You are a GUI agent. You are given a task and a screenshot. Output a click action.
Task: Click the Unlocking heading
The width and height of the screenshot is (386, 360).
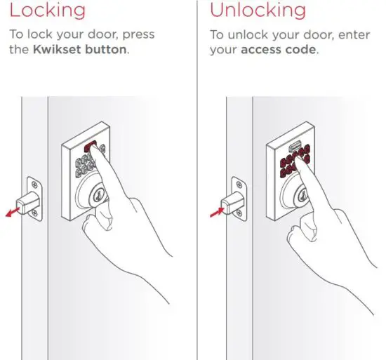258,11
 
